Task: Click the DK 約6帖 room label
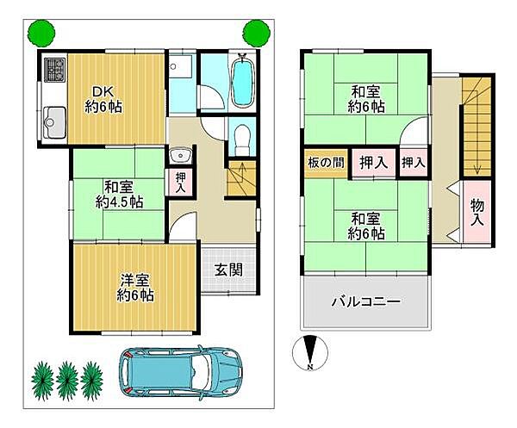103,97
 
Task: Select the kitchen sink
55,119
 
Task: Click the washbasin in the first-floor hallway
180,155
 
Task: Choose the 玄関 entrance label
228,269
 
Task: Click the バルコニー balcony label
365,302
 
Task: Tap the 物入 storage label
477,212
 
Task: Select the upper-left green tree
38,34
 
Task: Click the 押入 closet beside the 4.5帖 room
180,182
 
